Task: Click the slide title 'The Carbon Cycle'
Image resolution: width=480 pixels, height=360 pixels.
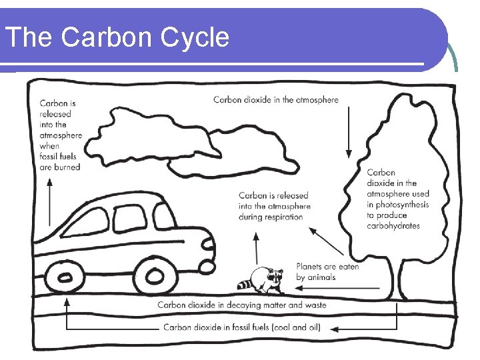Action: tap(117, 37)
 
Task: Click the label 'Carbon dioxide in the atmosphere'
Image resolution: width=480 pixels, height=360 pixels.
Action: tap(275, 100)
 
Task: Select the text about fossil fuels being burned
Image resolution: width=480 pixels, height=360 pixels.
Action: tap(60, 135)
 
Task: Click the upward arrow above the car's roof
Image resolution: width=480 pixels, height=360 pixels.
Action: tap(49, 203)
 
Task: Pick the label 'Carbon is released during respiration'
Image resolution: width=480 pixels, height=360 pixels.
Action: tap(275, 206)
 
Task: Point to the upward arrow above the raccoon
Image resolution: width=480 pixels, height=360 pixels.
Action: tap(257, 248)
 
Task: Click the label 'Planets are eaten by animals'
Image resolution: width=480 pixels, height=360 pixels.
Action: tap(327, 271)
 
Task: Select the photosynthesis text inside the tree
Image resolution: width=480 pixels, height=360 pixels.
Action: tap(397, 199)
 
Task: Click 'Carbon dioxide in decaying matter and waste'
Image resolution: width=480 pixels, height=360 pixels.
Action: tap(242, 305)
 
